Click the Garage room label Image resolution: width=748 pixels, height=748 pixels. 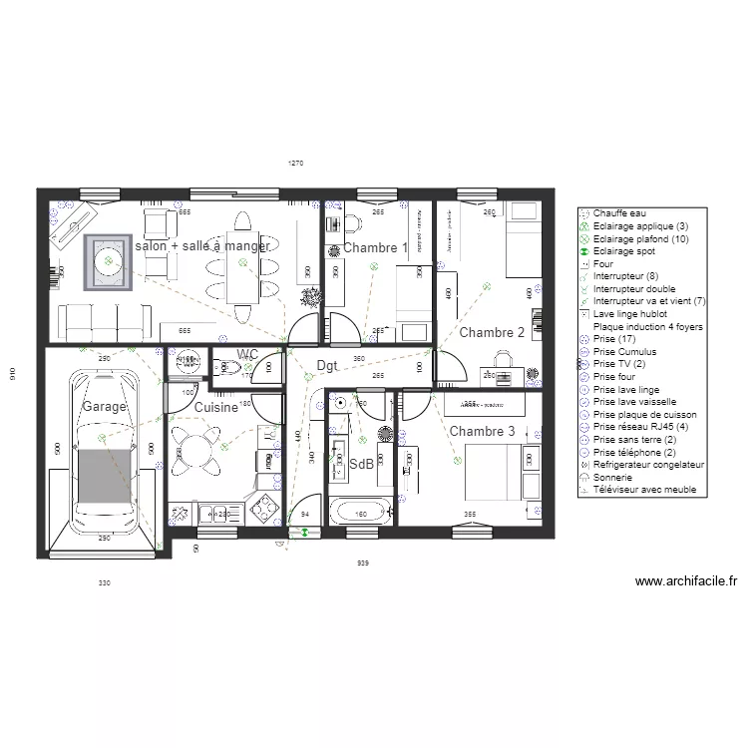(105, 407)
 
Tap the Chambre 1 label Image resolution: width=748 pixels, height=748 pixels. (375, 247)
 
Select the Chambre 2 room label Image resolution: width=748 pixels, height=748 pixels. (492, 332)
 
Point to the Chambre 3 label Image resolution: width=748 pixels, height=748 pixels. (482, 431)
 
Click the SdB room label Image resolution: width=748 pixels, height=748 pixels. (361, 464)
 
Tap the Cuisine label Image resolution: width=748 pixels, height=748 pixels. (215, 407)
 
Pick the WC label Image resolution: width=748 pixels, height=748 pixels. (248, 354)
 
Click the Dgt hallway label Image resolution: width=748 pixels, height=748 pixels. (327, 366)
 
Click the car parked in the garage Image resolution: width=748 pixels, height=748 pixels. (104, 449)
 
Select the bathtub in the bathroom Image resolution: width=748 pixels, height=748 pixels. (360, 513)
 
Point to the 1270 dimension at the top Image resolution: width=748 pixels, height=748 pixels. (295, 162)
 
